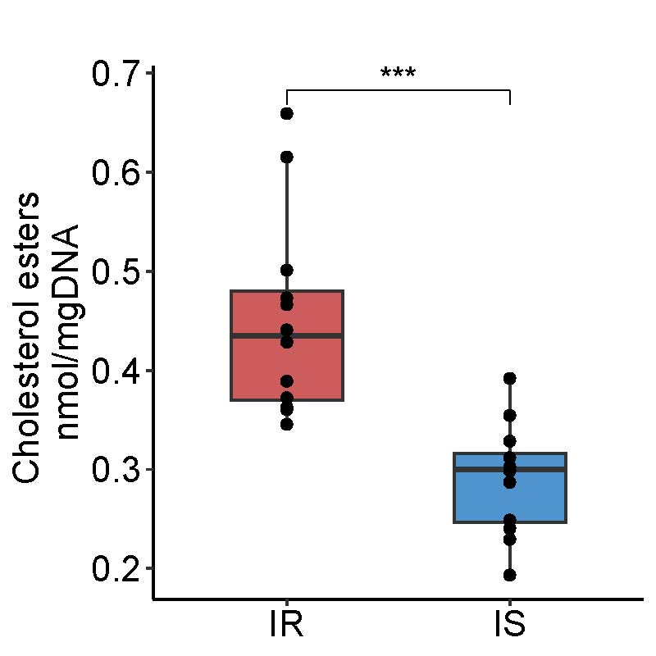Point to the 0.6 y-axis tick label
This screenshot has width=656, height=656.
(x=116, y=172)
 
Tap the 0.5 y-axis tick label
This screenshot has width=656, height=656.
(x=116, y=271)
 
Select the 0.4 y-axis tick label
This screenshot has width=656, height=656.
(x=116, y=371)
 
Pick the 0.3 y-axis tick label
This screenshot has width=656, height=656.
(x=116, y=470)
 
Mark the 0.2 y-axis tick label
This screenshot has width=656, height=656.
(x=116, y=568)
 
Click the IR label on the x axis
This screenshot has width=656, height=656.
(x=287, y=626)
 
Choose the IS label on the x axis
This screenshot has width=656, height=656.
(x=510, y=626)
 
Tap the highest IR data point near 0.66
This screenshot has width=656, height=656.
(x=287, y=113)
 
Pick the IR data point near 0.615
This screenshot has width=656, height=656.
(x=287, y=157)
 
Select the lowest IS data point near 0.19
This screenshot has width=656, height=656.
(x=510, y=575)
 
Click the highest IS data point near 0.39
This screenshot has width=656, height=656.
(x=510, y=378)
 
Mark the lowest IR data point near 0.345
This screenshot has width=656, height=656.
(x=287, y=424)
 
